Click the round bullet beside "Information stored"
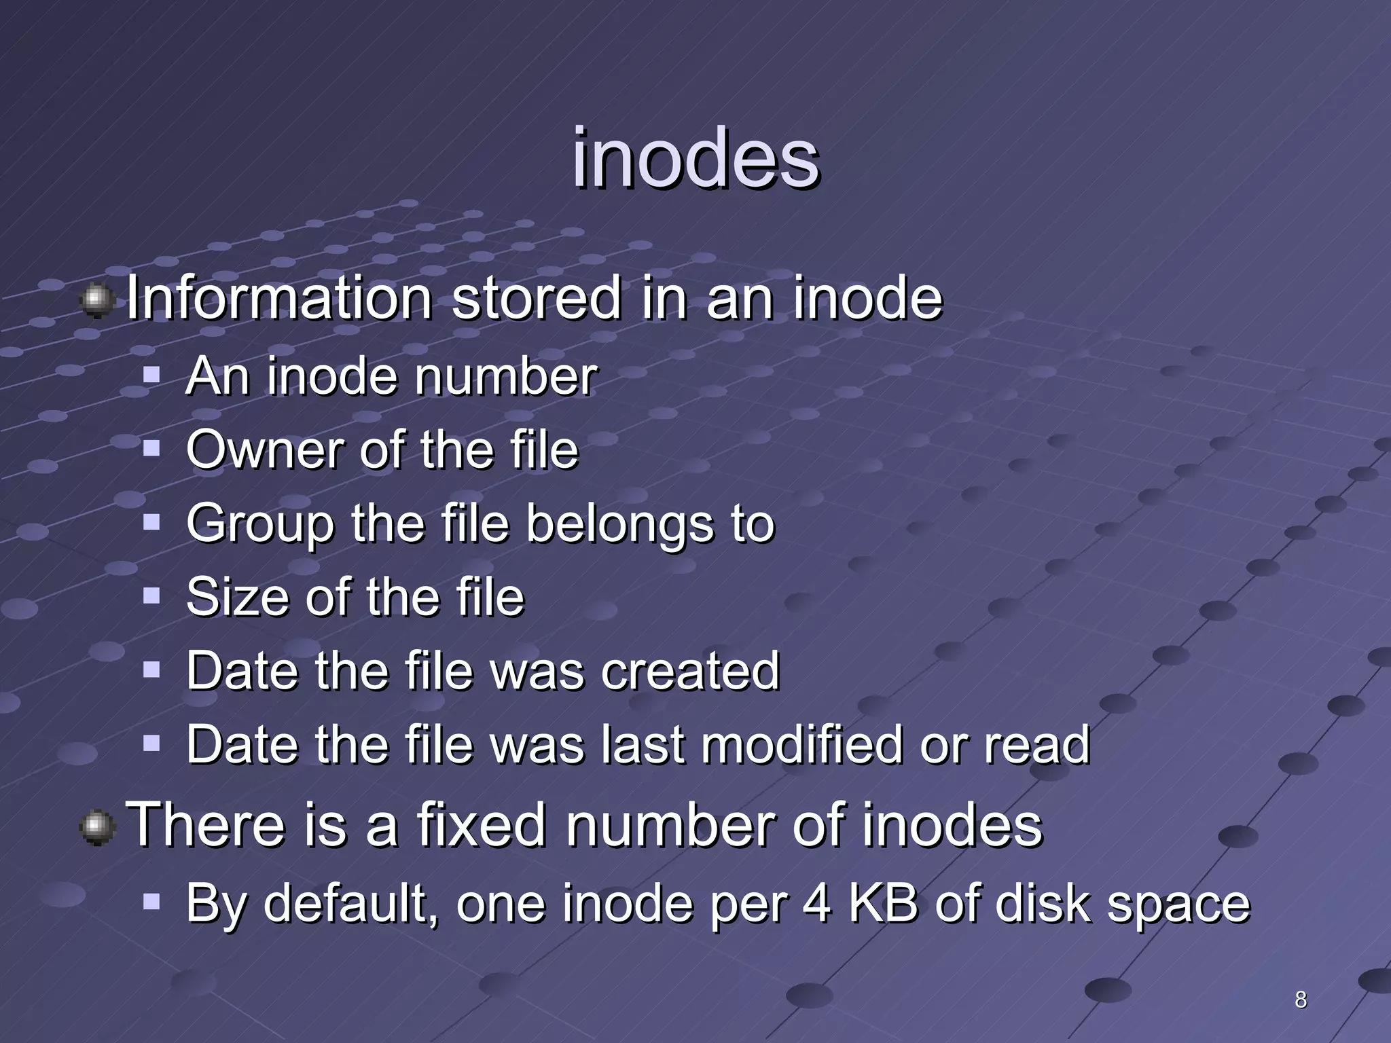[97, 301]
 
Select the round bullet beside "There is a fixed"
[97, 828]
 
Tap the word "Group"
[260, 524]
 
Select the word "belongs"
[619, 524]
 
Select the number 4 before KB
[816, 904]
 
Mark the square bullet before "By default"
[151, 902]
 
